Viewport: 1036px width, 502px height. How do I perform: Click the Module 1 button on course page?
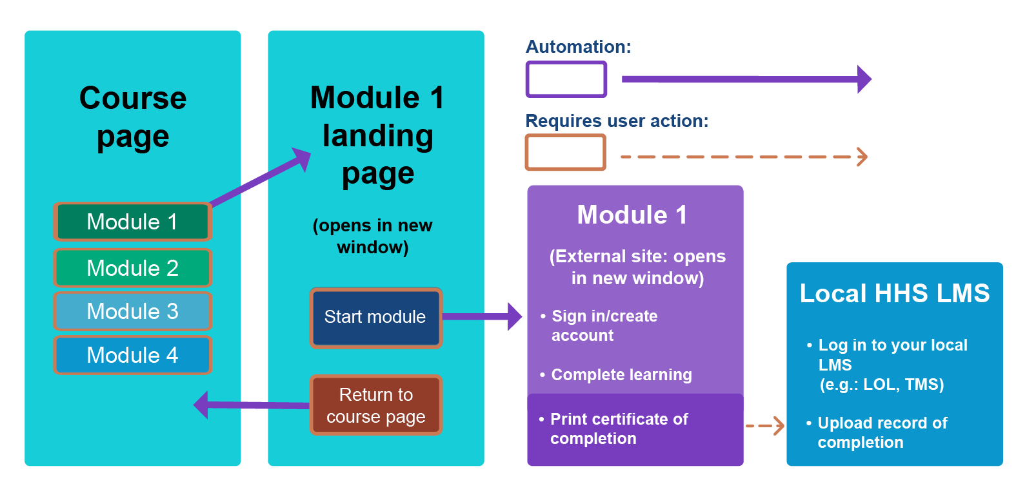click(132, 222)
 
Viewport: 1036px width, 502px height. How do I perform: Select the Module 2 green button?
click(132, 268)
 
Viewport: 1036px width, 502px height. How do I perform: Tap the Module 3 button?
click(132, 311)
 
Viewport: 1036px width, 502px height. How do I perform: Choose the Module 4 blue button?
click(132, 355)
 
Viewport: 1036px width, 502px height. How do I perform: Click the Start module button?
click(375, 318)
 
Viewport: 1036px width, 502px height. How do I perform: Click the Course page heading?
click(133, 117)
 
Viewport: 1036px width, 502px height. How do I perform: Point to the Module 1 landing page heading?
click(377, 135)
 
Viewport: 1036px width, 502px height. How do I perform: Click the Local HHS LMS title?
click(894, 294)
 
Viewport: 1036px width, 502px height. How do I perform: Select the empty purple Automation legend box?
click(566, 79)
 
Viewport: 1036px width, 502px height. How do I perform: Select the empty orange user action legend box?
click(566, 152)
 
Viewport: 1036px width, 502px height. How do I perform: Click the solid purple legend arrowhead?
click(864, 79)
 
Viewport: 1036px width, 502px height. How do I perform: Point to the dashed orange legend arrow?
click(742, 157)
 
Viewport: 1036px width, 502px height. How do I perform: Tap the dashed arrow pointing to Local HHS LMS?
click(765, 426)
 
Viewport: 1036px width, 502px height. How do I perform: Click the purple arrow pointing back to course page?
click(252, 405)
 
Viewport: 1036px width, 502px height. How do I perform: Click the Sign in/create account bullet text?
click(604, 325)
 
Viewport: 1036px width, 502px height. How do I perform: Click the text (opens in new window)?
click(373, 236)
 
